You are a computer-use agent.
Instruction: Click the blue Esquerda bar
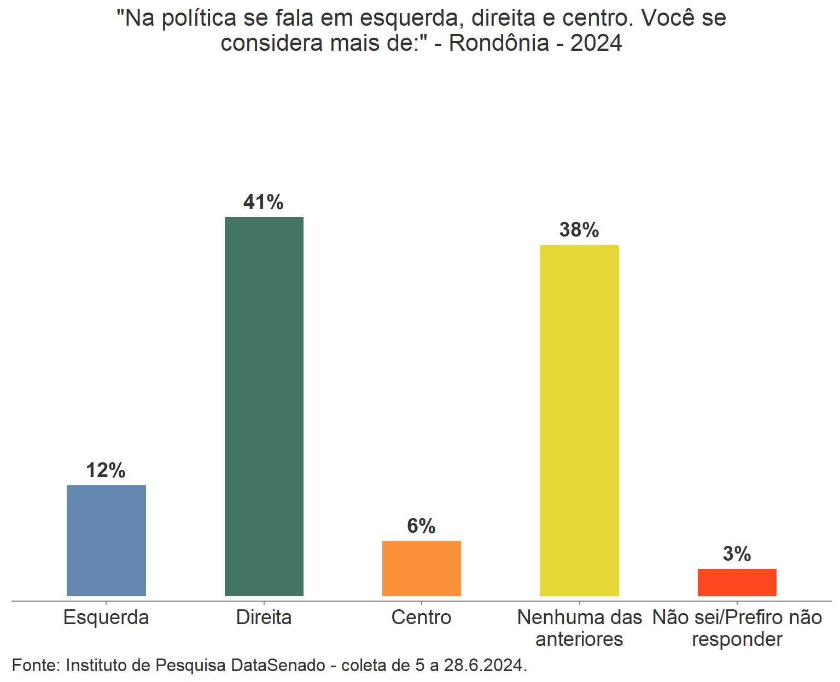(106, 540)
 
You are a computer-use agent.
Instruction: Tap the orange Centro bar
(421, 568)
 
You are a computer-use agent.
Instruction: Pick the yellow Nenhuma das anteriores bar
(579, 420)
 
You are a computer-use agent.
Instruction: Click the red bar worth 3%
(737, 582)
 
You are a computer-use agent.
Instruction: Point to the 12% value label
(106, 471)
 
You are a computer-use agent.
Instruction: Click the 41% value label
(264, 202)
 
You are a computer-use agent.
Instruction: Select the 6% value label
(421, 526)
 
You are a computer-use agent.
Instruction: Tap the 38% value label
(579, 230)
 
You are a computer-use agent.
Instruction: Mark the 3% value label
(737, 554)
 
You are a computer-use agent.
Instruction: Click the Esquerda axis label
(106, 618)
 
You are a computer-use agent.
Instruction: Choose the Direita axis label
(264, 618)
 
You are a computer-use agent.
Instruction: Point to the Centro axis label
(421, 618)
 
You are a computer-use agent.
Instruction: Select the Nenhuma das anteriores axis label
(579, 628)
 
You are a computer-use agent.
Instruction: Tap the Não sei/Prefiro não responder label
(737, 628)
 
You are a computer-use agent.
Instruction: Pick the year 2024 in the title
(596, 43)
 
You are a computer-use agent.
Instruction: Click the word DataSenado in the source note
(278, 665)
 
